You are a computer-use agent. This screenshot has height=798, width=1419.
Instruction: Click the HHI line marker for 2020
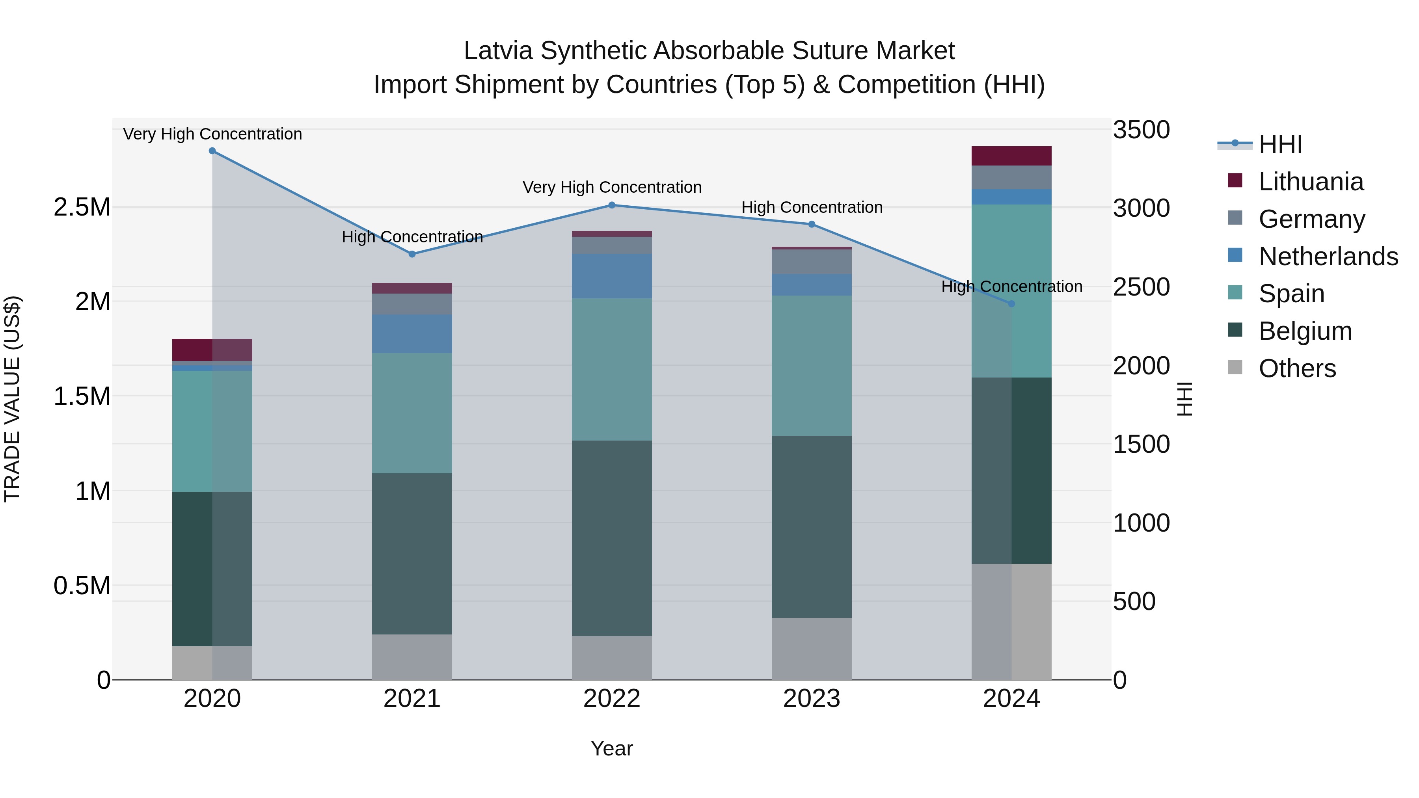tap(212, 151)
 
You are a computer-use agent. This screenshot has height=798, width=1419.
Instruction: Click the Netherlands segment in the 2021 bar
tap(412, 334)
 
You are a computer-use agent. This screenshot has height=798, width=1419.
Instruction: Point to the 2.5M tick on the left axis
tap(82, 208)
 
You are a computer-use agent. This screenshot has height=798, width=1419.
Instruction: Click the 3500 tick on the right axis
tap(1141, 130)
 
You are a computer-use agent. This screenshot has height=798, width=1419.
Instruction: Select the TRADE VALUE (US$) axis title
tap(12, 399)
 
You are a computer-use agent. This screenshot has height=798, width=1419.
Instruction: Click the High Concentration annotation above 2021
tap(412, 237)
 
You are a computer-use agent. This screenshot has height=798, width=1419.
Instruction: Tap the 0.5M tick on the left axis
tap(82, 586)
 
